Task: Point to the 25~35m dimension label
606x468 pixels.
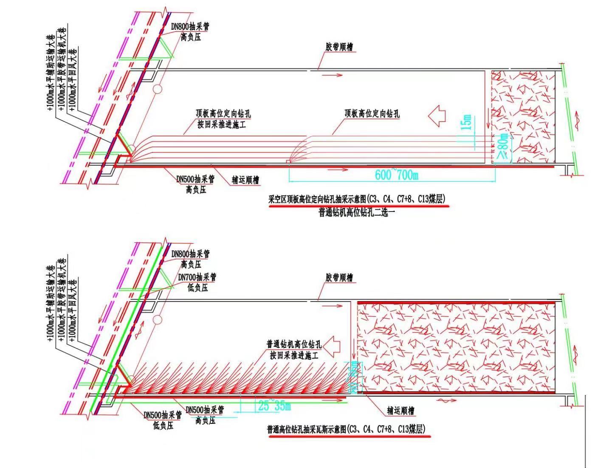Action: (x=274, y=406)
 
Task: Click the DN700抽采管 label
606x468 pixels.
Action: (x=197, y=277)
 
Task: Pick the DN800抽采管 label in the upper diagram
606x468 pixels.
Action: (x=190, y=27)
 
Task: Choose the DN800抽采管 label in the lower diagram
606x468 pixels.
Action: (x=190, y=254)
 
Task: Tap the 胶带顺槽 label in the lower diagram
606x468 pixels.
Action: (x=340, y=278)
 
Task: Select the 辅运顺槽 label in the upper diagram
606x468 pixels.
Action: (x=245, y=180)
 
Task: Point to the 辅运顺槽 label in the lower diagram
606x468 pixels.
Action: (x=400, y=411)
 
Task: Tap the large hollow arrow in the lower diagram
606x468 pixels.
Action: (x=335, y=346)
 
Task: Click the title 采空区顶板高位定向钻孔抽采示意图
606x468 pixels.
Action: (x=357, y=199)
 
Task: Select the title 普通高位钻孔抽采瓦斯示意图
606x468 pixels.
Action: (x=346, y=429)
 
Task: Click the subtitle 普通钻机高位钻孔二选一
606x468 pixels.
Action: (x=357, y=211)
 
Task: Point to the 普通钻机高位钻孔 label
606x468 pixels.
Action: (x=294, y=344)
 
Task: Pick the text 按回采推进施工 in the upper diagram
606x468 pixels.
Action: (x=221, y=125)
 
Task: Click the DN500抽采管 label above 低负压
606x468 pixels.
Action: (x=163, y=415)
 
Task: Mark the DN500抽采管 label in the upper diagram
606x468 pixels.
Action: (x=195, y=179)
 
